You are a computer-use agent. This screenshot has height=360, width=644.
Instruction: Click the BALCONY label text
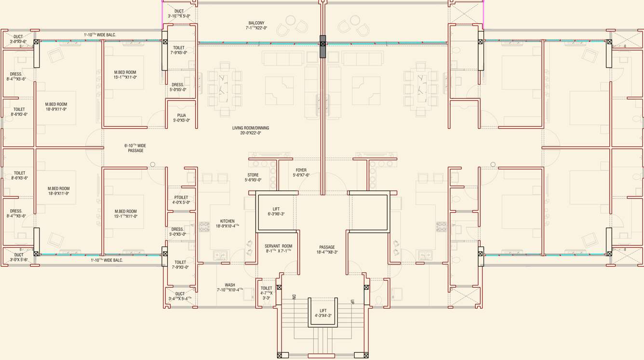256,23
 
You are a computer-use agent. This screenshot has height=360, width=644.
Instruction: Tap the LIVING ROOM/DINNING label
251,128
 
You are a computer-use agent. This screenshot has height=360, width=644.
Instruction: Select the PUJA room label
181,116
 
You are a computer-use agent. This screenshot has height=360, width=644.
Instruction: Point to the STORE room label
253,175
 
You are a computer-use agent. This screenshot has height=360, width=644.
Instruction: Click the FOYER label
301,170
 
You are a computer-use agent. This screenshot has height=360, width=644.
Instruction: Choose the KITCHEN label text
227,221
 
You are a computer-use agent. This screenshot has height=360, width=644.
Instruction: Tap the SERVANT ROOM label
278,246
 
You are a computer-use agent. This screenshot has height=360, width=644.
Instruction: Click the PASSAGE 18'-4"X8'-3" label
327,247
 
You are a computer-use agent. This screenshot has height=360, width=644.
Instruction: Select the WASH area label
229,285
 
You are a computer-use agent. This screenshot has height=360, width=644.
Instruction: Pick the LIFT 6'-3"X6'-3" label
276,209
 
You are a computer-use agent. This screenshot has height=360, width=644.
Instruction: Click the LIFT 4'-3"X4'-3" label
323,311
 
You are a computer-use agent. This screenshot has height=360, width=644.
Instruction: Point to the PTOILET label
181,198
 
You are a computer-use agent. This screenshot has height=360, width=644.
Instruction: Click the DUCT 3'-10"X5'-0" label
179,11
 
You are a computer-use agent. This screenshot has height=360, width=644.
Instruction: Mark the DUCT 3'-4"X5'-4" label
180,293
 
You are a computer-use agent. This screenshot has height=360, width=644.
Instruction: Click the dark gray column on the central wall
322,47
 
